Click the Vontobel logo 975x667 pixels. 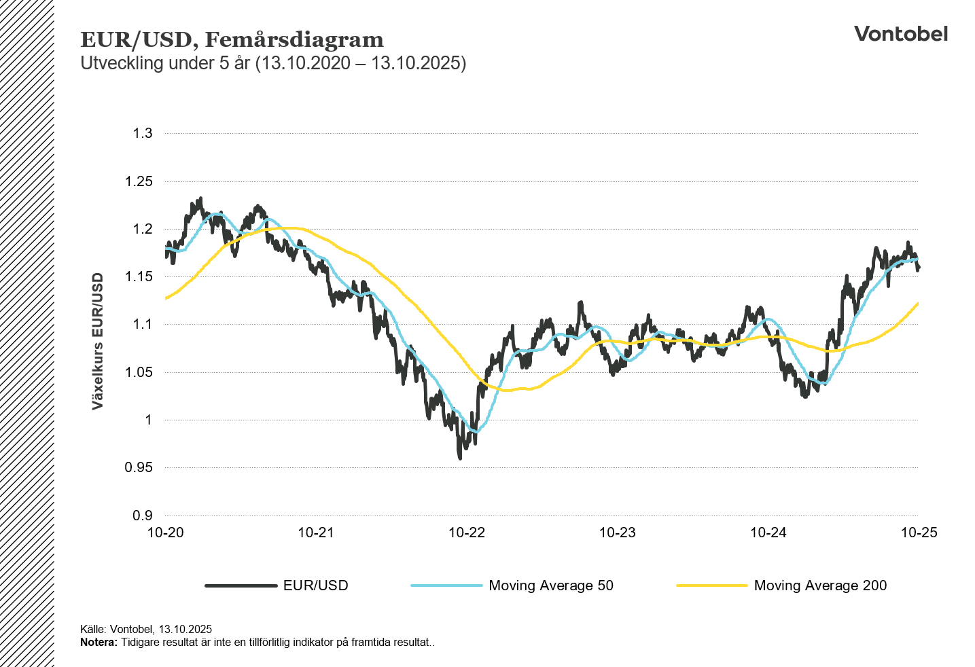click(900, 34)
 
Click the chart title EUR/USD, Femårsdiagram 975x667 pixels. click(232, 39)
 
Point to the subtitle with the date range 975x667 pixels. click(273, 63)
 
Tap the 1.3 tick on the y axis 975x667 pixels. click(143, 133)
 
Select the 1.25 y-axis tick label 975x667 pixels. click(139, 181)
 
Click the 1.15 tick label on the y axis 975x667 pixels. click(139, 276)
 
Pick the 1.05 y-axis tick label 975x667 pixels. click(139, 372)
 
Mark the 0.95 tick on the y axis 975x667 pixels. click(139, 467)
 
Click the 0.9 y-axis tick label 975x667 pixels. click(143, 516)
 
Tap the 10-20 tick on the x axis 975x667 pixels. click(166, 533)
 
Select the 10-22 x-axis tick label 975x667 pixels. click(467, 533)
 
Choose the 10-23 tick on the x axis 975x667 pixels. click(617, 533)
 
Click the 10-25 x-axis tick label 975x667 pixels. click(919, 533)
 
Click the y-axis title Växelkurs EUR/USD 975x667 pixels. click(98, 341)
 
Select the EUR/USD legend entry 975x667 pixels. click(315, 585)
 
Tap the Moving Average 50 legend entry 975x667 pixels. click(550, 585)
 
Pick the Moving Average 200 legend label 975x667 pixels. click(820, 585)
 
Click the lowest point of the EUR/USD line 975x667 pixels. click(460, 458)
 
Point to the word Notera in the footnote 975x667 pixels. click(99, 643)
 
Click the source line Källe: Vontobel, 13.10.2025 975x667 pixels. click(146, 630)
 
